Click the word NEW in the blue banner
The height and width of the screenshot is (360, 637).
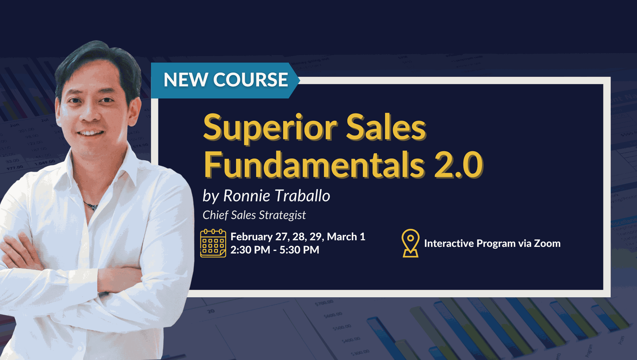185,80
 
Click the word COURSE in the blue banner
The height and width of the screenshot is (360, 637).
250,80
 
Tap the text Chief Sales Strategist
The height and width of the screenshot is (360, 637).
254,215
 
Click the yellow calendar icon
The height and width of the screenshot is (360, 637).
213,243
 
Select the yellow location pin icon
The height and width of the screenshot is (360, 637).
410,243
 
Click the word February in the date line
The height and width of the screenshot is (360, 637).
251,237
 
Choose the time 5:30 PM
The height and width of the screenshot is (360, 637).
299,250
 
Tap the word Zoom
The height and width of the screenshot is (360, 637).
547,244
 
